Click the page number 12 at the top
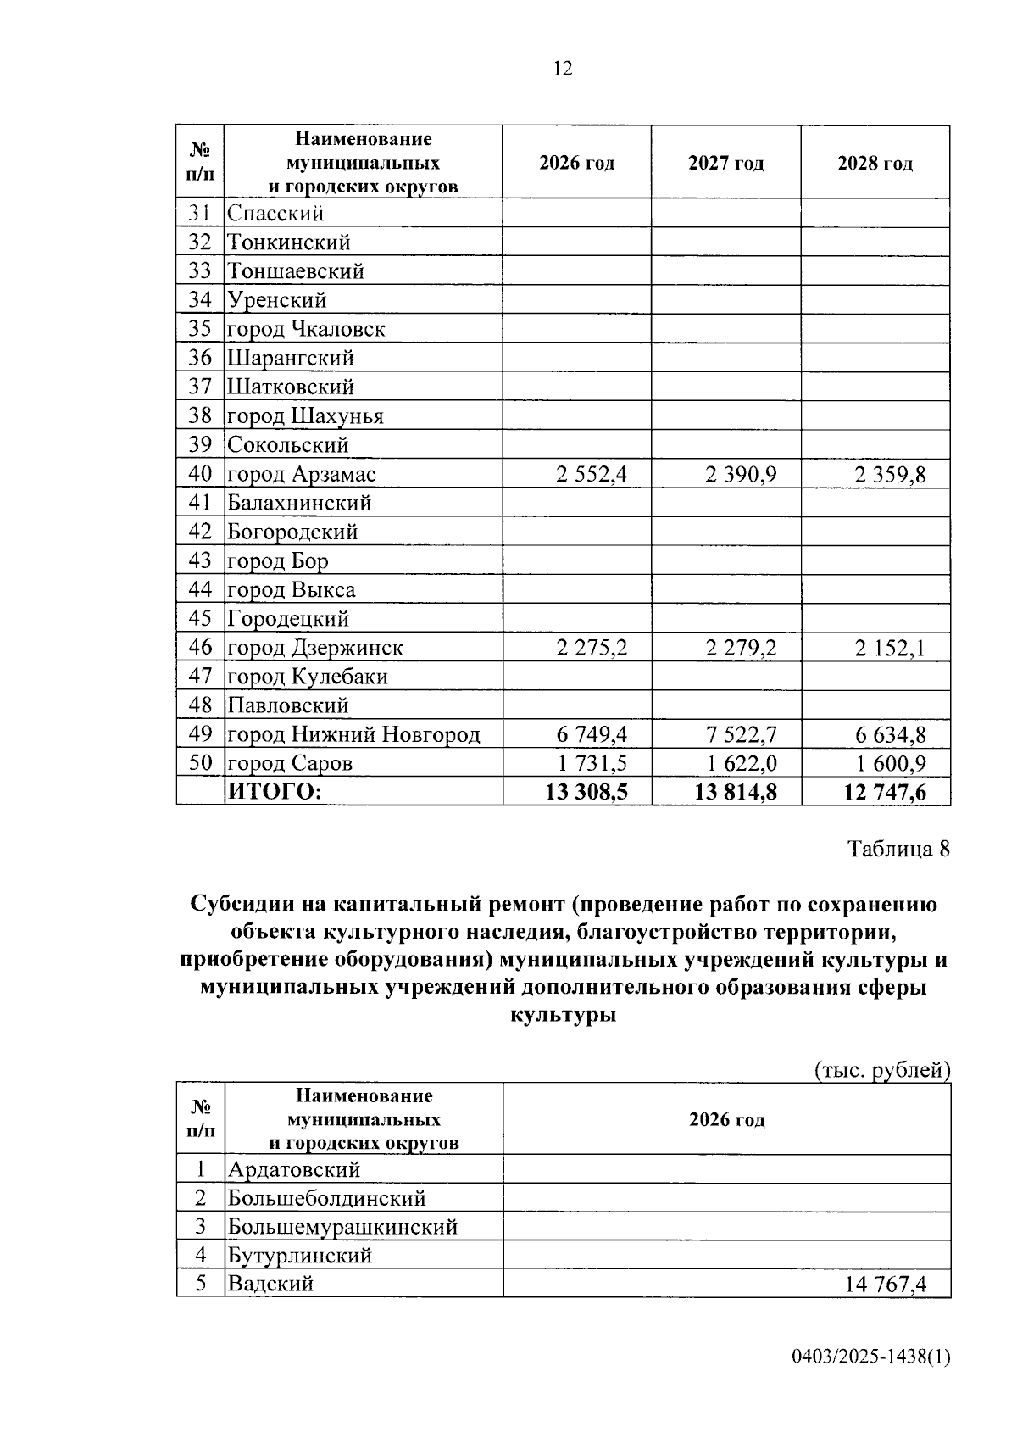pyautogui.click(x=563, y=69)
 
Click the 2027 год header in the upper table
pyautogui.click(x=725, y=163)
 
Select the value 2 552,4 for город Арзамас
pyautogui.click(x=592, y=474)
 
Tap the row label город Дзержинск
pyautogui.click(x=314, y=648)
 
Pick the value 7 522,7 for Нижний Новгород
pyautogui.click(x=741, y=734)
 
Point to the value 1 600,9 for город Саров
pyautogui.click(x=890, y=763)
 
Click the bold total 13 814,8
pyautogui.click(x=736, y=792)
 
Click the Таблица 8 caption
pyautogui.click(x=898, y=849)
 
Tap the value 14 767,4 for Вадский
pyautogui.click(x=885, y=1284)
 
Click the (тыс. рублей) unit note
pyautogui.click(x=881, y=1070)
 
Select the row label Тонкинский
pyautogui.click(x=288, y=242)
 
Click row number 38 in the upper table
pyautogui.click(x=200, y=415)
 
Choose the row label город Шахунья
pyautogui.click(x=305, y=416)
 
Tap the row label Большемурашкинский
pyautogui.click(x=342, y=1227)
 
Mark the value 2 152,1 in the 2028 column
pyautogui.click(x=890, y=649)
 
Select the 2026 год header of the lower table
pyautogui.click(x=726, y=1119)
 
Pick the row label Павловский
pyautogui.click(x=288, y=705)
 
